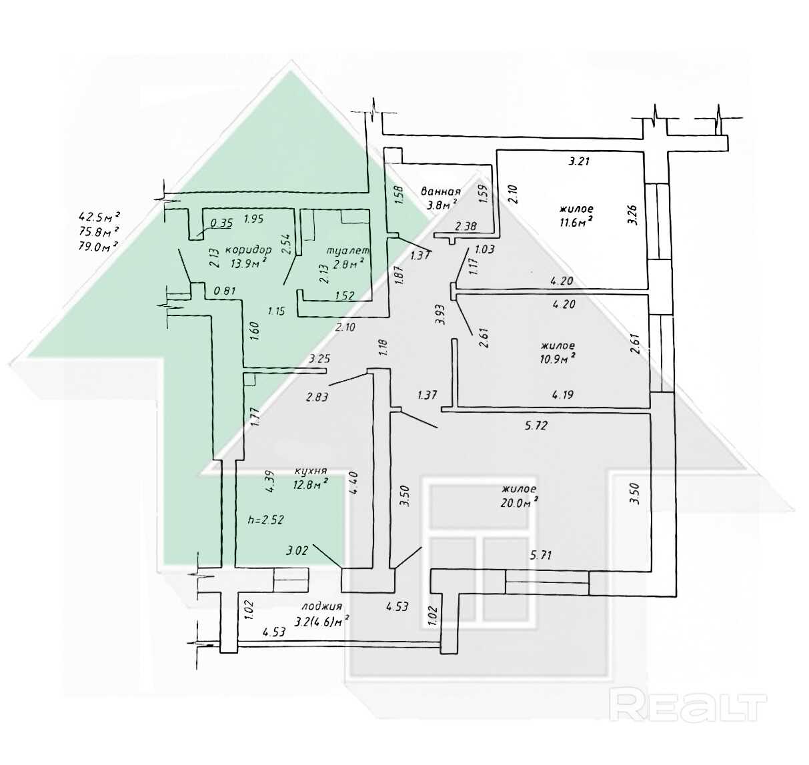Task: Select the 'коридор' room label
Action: (x=248, y=249)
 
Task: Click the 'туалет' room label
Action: (x=347, y=250)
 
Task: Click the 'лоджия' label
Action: (x=321, y=606)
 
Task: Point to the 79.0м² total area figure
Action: (x=99, y=245)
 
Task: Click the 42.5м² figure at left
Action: (x=99, y=216)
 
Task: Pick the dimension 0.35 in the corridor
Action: (x=221, y=223)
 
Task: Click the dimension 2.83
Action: (x=317, y=398)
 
